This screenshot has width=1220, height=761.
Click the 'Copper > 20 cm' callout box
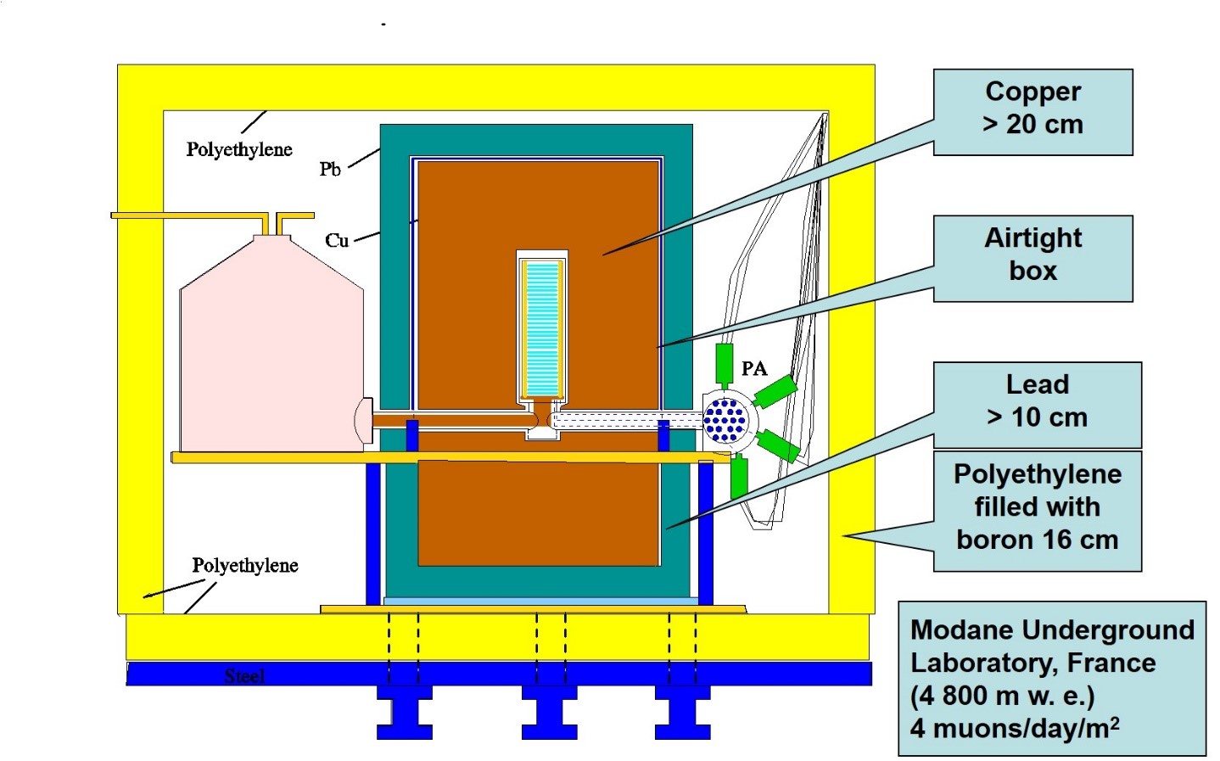(x=1033, y=112)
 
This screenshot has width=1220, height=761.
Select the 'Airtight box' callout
(x=1033, y=259)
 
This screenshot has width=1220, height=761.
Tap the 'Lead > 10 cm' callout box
(x=1037, y=405)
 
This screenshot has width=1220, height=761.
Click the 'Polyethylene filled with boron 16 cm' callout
(x=1037, y=511)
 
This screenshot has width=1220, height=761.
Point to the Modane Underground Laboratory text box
(x=1052, y=678)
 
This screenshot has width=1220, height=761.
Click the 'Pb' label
(x=330, y=170)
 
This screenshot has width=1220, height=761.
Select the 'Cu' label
(x=337, y=240)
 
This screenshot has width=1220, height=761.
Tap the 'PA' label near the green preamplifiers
(x=754, y=369)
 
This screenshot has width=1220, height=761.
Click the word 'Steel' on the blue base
(x=244, y=676)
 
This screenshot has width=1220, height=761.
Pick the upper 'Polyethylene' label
(x=239, y=149)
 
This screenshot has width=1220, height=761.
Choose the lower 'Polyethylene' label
(x=245, y=565)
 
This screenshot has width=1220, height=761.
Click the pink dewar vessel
(x=271, y=344)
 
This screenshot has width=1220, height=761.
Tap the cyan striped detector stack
(x=542, y=327)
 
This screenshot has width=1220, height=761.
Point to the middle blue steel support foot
(x=549, y=712)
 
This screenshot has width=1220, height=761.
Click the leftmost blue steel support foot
(x=404, y=712)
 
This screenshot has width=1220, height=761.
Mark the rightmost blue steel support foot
(x=682, y=712)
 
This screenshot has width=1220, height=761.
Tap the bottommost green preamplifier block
(x=739, y=478)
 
